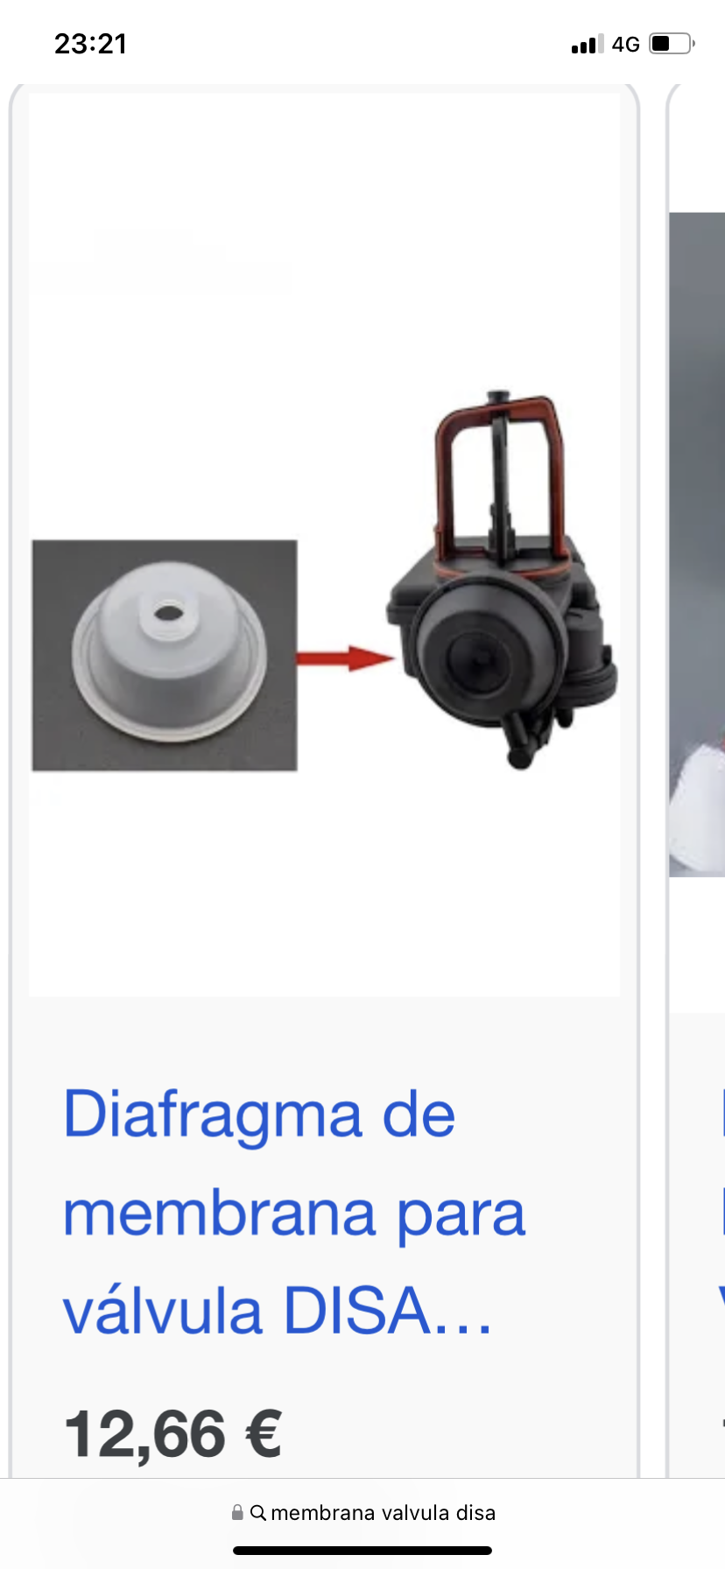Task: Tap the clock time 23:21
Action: pos(91,44)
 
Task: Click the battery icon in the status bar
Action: pos(672,43)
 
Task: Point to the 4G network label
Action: pos(625,44)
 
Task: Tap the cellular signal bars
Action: pos(587,44)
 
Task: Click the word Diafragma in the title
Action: pos(213,1115)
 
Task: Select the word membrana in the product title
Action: pos(220,1214)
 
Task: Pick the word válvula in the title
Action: pos(163,1311)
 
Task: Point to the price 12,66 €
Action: pos(173,1434)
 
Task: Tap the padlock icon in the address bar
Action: pos(237,1512)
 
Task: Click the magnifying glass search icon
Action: pos(258,1513)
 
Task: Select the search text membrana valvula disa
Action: pos(384,1513)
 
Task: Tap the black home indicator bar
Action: pos(362,1551)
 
